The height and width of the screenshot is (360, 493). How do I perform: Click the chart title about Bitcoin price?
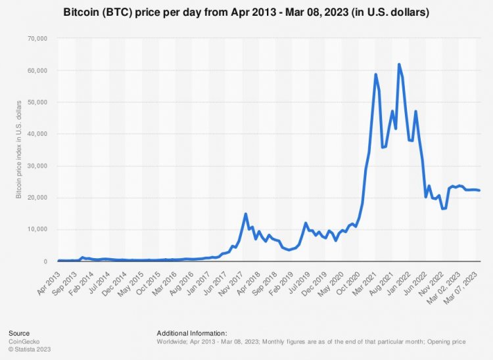pyautogui.click(x=246, y=12)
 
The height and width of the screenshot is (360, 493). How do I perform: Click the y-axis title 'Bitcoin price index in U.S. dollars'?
pyautogui.click(x=20, y=150)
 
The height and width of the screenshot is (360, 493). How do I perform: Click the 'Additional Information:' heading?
pyautogui.click(x=192, y=333)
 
